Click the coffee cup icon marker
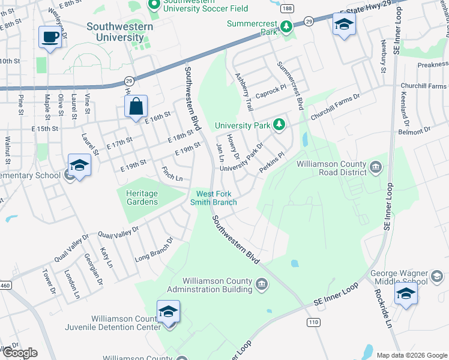pos(50,37)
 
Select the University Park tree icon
pos(279,125)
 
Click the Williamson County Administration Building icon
pos(262,284)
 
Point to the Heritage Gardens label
pos(142,197)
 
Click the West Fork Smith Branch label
pos(217,198)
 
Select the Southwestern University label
pos(119,32)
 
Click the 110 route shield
pos(313,322)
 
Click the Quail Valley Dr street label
pos(118,232)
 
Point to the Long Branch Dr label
pos(154,249)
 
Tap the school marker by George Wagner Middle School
pos(406,294)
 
